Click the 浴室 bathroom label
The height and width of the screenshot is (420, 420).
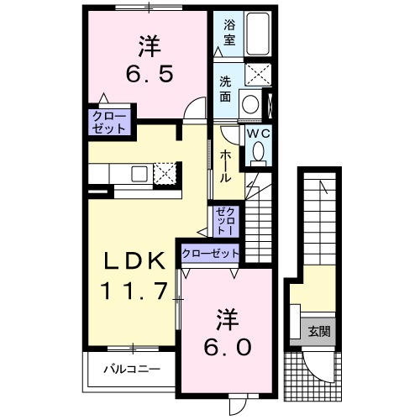229,33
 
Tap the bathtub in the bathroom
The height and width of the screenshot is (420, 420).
258,34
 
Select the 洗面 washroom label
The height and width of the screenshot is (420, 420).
225,89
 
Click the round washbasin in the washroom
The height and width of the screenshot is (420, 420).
250,104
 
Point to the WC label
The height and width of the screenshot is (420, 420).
259,134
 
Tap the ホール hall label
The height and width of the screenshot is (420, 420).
225,166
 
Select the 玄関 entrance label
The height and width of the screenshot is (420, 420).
319,332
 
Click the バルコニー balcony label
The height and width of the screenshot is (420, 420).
132,369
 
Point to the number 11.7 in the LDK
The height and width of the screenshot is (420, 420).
134,291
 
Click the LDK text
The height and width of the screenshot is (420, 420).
134,260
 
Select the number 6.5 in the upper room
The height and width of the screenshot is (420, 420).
150,74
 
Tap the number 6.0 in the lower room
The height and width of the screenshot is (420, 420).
228,347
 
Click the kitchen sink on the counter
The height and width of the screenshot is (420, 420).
139,174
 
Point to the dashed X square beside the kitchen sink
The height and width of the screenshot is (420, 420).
165,173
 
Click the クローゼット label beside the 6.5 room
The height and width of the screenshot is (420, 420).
109,123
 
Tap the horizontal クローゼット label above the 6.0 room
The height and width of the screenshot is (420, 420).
210,254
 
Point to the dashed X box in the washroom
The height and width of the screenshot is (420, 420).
258,75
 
